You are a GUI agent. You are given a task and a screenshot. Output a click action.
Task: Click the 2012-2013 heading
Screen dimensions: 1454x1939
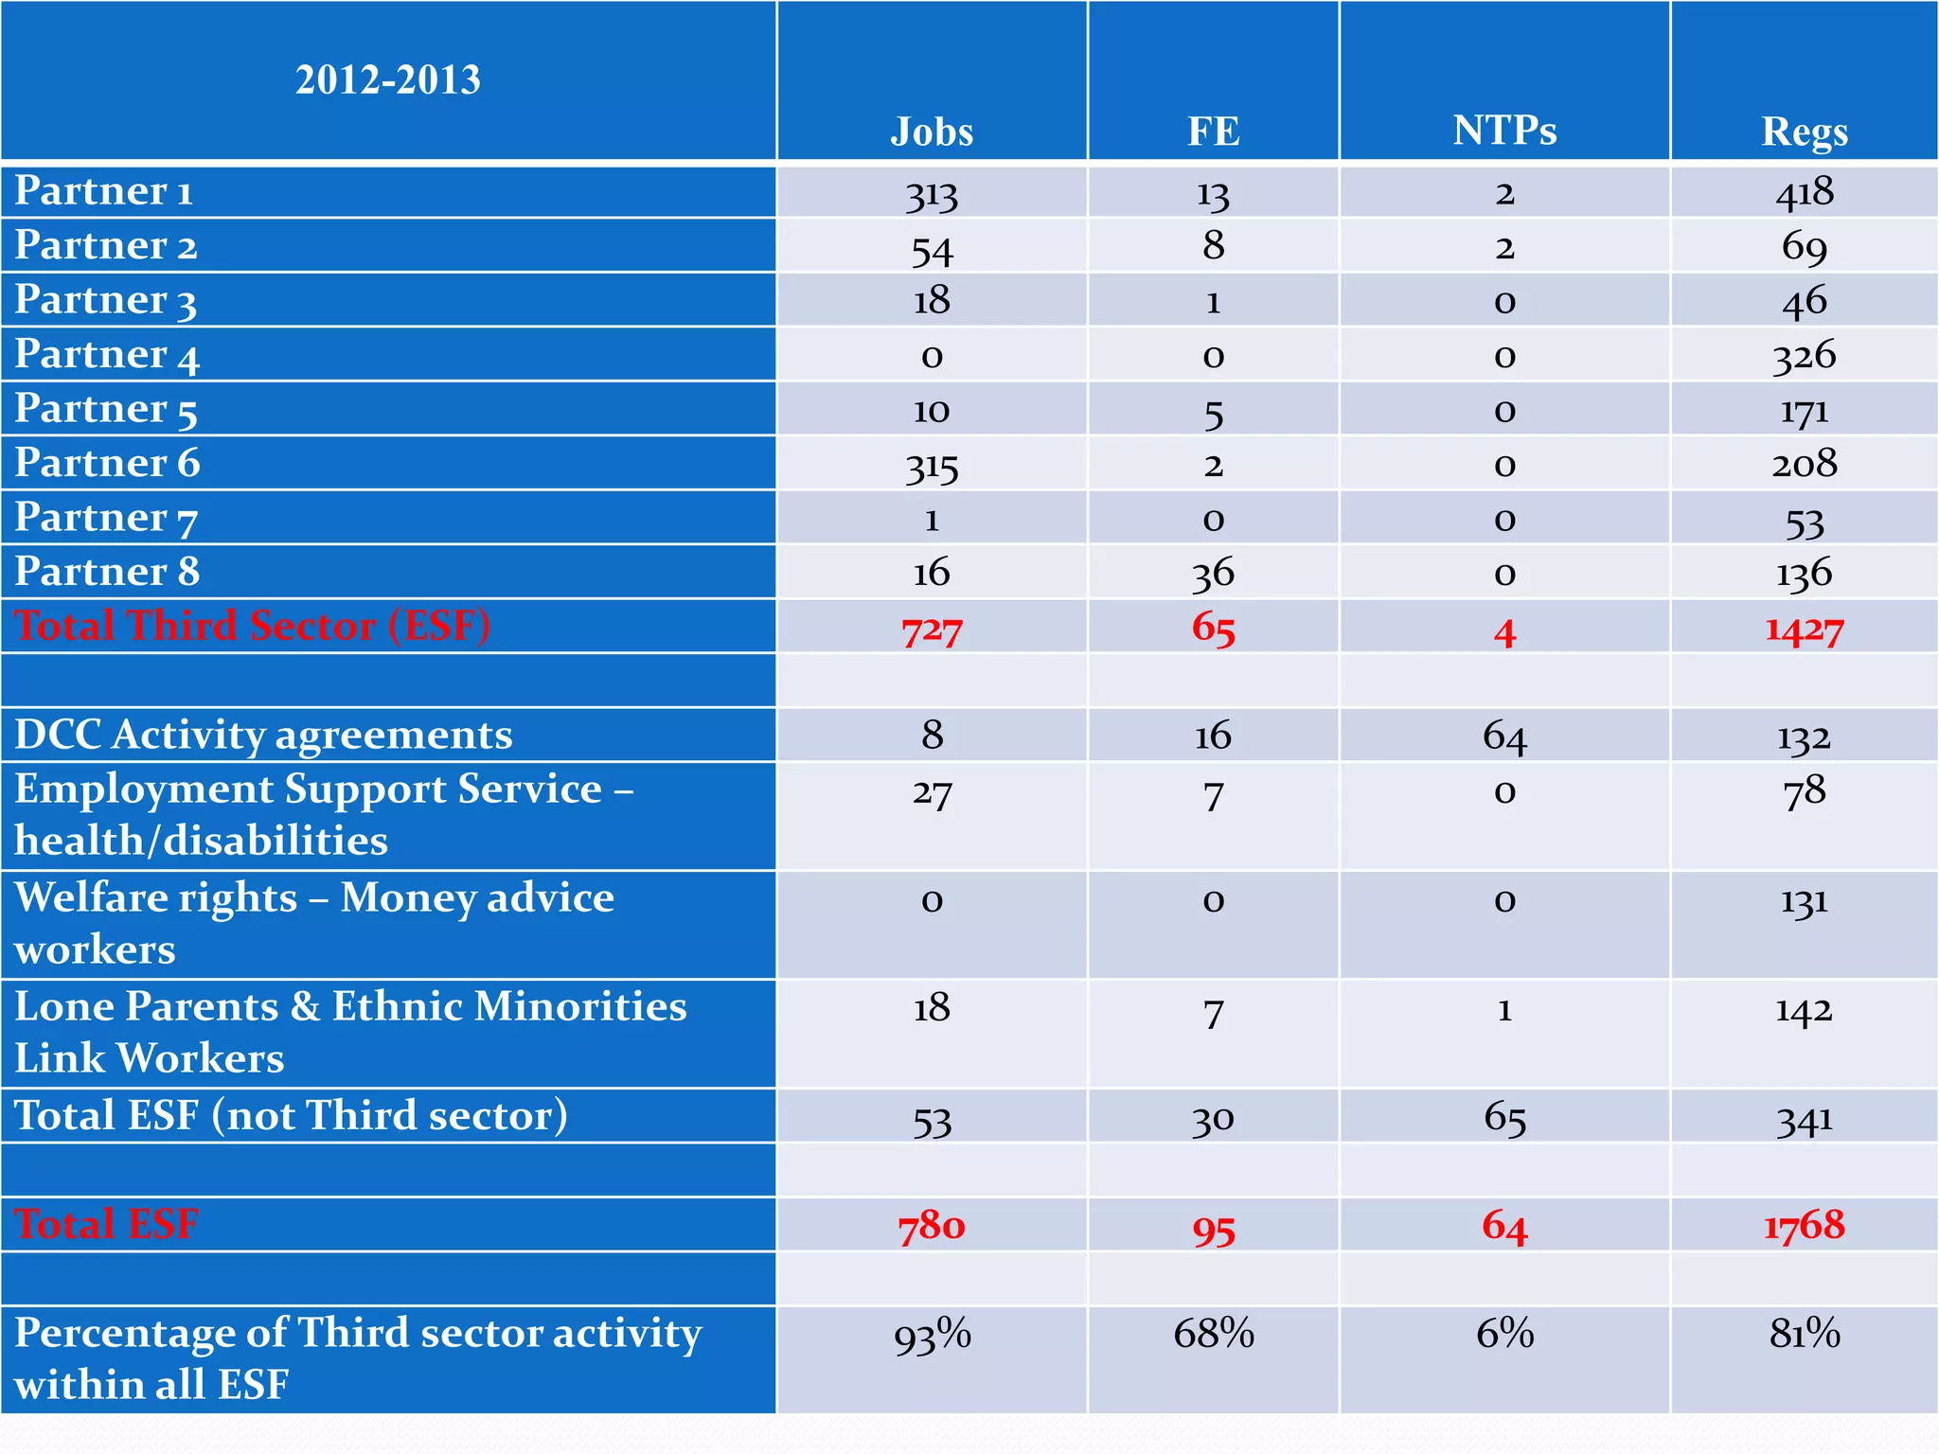[x=387, y=80]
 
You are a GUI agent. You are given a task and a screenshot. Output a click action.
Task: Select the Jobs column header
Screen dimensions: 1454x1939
[x=932, y=132]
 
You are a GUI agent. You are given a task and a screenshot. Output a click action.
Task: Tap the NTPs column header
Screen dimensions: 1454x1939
[x=1504, y=131]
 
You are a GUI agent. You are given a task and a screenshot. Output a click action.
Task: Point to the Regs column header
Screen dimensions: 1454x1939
[x=1804, y=132]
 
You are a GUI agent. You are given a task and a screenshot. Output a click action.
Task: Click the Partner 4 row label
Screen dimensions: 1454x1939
[x=107, y=355]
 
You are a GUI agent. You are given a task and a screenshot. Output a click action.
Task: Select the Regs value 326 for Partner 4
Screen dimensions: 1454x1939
[x=1804, y=356]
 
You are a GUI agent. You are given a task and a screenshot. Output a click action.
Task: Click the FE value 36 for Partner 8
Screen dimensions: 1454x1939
[x=1213, y=574]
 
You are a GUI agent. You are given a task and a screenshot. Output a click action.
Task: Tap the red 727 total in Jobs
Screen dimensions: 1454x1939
[x=932, y=629]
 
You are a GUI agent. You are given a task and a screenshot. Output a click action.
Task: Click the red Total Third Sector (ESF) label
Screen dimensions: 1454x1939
[x=252, y=626]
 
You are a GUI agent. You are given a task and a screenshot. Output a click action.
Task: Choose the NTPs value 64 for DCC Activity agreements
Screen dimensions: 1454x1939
[x=1504, y=736]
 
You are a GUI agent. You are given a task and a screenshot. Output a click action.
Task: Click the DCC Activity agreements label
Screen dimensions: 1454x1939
[x=263, y=736]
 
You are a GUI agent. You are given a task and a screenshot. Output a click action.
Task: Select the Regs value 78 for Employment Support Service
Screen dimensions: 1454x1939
[x=1804, y=791]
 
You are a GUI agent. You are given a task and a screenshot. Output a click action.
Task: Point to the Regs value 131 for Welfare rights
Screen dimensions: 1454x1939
[x=1804, y=900]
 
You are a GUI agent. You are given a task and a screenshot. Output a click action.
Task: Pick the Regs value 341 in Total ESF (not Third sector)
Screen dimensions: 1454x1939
[x=1804, y=1120]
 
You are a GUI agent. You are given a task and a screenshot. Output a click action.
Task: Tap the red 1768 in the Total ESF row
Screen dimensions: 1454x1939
[x=1804, y=1226]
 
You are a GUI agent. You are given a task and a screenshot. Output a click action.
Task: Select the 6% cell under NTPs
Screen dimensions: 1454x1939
[x=1504, y=1334]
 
